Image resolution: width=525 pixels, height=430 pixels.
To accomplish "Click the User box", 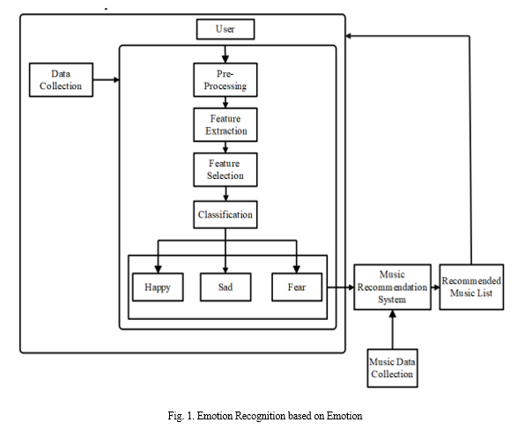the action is coord(226,29).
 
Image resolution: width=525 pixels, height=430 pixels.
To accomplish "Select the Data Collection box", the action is coord(61,79).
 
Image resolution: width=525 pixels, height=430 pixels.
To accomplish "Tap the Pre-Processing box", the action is coord(226,79).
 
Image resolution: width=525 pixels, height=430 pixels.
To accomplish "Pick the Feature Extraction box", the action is coord(226,124).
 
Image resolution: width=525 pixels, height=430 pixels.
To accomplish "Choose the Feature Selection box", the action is coord(226,169).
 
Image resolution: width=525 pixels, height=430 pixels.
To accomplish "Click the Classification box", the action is coord(226,215).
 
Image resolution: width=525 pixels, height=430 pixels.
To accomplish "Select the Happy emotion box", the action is coord(158,287).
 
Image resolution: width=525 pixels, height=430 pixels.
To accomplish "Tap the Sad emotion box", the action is coord(226,287).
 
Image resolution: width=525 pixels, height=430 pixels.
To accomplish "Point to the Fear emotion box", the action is coord(297,287).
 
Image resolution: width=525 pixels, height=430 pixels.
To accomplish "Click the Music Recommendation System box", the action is coord(392,287).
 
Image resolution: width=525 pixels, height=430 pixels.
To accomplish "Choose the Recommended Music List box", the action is coord(471,287).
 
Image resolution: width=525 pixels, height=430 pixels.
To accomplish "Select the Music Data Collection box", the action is coord(392,368).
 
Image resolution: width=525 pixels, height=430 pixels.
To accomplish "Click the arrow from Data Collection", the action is coord(106,79).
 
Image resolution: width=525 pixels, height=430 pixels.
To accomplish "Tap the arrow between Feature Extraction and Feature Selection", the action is coord(226,147).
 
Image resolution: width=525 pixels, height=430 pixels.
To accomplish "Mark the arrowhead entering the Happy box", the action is coord(158,270).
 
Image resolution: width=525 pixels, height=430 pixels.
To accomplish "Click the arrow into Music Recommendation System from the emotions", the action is coord(341,287).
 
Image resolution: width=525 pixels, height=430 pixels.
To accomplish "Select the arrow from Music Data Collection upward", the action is coord(392,330).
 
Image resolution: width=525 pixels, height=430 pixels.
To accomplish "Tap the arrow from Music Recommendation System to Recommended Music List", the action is coord(435,287).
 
